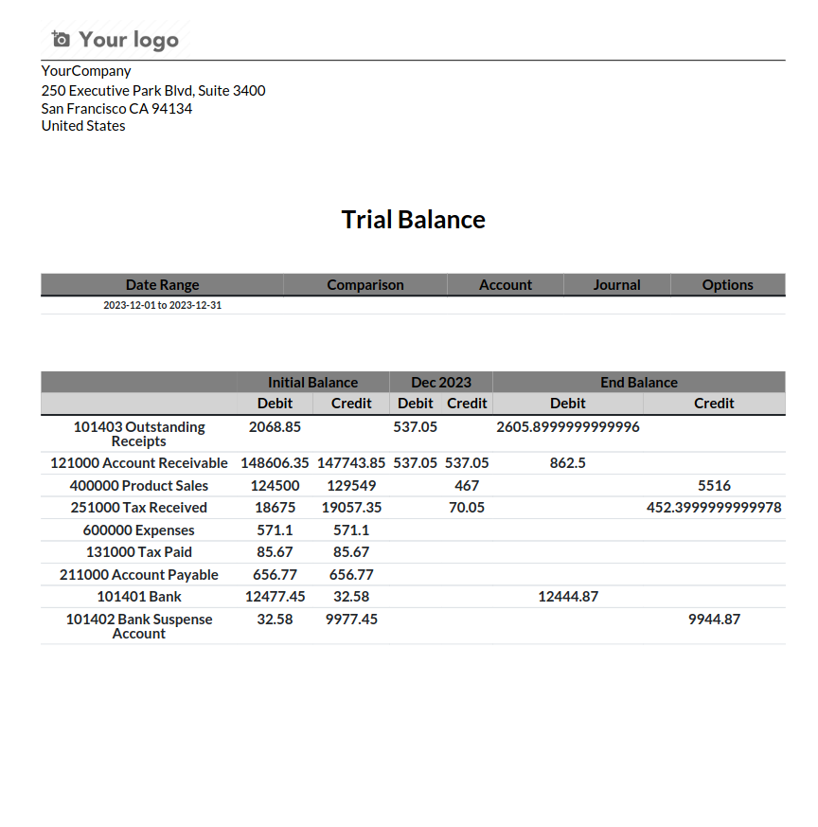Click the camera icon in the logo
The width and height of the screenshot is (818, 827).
pyautogui.click(x=61, y=39)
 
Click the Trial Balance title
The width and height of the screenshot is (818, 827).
pyautogui.click(x=413, y=220)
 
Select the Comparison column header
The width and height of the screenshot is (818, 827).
pyautogui.click(x=365, y=284)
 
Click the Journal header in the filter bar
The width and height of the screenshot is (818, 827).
pyautogui.click(x=616, y=284)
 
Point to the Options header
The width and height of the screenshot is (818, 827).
pyautogui.click(x=727, y=284)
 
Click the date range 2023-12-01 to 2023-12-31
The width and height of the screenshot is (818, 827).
pyautogui.click(x=162, y=305)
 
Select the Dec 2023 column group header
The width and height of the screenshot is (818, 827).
pyautogui.click(x=440, y=382)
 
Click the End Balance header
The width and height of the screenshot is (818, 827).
pyautogui.click(x=638, y=382)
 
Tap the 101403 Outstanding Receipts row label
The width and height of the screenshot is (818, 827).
pyautogui.click(x=139, y=434)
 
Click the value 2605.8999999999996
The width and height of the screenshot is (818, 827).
pyautogui.click(x=567, y=427)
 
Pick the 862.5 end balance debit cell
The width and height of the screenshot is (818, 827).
pyautogui.click(x=567, y=463)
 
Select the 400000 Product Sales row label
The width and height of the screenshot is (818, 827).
pyautogui.click(x=139, y=485)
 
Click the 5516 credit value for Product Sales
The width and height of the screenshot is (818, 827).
pyautogui.click(x=714, y=485)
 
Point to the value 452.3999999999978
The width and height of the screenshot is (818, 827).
pyautogui.click(x=714, y=508)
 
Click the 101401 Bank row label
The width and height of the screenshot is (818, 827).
pyautogui.click(x=139, y=597)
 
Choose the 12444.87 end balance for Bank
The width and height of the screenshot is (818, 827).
pyautogui.click(x=567, y=597)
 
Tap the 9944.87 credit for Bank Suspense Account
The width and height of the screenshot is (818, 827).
pyautogui.click(x=714, y=620)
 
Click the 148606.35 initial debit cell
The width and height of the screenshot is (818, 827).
pyautogui.click(x=275, y=463)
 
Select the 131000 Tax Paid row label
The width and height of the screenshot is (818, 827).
pyautogui.click(x=139, y=552)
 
